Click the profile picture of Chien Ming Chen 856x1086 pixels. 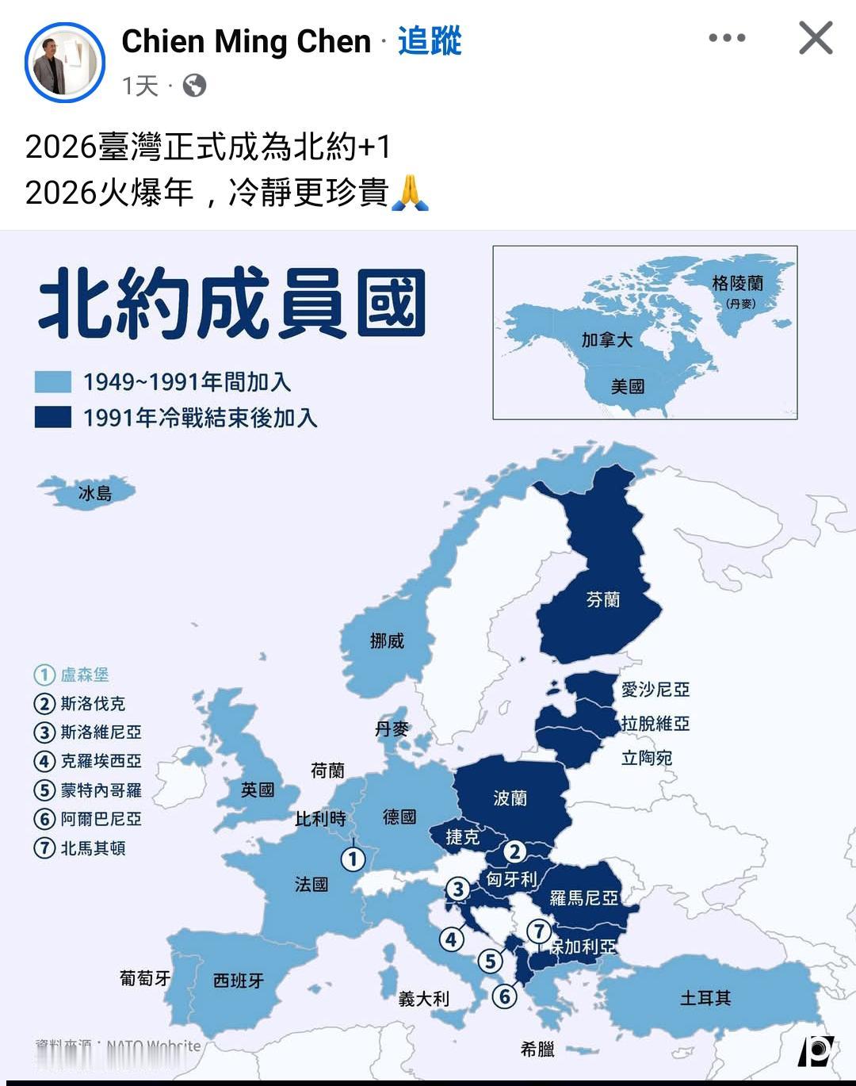click(x=65, y=62)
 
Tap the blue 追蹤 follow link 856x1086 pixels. click(x=429, y=41)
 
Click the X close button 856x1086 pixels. click(x=816, y=38)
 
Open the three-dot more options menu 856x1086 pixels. click(x=727, y=38)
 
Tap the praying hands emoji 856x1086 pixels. click(x=410, y=193)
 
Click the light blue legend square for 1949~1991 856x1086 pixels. click(x=53, y=382)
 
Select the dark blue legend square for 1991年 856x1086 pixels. click(x=53, y=417)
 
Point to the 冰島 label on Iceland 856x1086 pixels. click(x=95, y=493)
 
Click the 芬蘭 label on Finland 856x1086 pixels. click(x=603, y=600)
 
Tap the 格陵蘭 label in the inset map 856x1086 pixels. click(x=737, y=283)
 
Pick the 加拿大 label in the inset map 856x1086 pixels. click(x=606, y=340)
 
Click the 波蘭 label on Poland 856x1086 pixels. click(x=510, y=798)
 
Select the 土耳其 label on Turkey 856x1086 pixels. click(x=705, y=998)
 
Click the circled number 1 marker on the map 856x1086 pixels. click(x=353, y=858)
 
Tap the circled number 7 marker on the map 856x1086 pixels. click(x=539, y=931)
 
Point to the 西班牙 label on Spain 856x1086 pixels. click(x=239, y=981)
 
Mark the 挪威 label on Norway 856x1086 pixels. click(x=387, y=641)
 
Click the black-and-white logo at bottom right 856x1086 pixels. click(x=816, y=1051)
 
